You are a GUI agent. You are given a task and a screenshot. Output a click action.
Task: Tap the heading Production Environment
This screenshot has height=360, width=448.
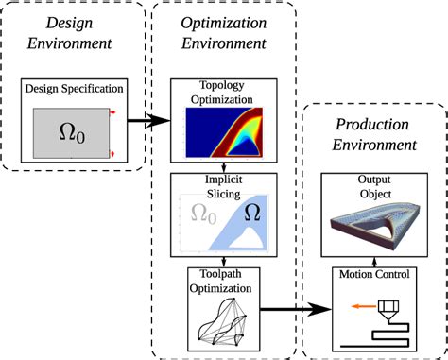pyautogui.click(x=366, y=137)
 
